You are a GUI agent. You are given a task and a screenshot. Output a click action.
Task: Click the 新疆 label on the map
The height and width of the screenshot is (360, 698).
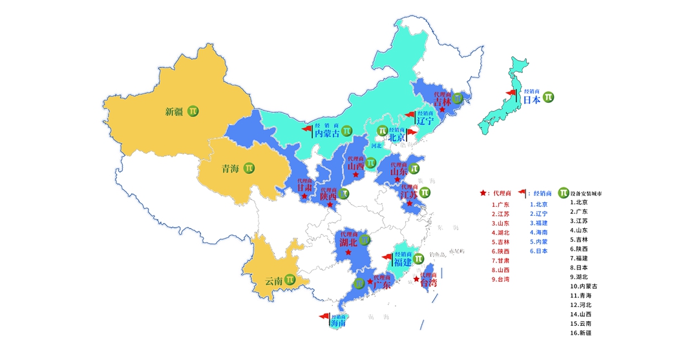click(x=174, y=112)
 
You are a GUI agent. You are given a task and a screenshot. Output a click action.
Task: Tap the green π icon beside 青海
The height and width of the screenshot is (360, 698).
click(x=249, y=168)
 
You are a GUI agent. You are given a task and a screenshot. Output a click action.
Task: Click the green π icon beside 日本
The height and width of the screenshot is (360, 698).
click(x=548, y=97)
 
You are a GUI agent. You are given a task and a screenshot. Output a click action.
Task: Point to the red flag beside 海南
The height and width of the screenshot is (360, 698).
click(x=324, y=317)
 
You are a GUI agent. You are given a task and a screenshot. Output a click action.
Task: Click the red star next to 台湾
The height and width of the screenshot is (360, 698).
click(x=416, y=280)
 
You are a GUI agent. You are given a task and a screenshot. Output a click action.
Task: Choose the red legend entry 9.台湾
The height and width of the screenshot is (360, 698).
click(x=500, y=279)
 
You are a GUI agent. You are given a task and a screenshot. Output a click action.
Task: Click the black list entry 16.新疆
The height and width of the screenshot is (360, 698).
click(x=580, y=333)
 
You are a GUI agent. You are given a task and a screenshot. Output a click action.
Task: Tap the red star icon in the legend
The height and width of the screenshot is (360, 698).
click(x=483, y=193)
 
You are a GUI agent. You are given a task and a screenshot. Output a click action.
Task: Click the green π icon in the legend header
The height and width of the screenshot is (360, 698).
click(x=564, y=193)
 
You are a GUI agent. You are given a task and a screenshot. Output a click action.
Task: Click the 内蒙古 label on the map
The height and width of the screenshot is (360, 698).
click(x=327, y=133)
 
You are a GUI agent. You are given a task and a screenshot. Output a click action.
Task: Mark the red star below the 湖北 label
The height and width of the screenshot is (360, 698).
click(x=349, y=253)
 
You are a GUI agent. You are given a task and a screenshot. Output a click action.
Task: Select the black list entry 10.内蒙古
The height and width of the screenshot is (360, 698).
click(x=584, y=286)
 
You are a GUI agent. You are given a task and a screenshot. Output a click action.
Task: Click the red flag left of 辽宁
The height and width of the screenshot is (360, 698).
click(x=409, y=116)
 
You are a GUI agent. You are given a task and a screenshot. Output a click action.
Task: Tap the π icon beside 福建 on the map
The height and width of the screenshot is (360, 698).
click(x=419, y=259)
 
